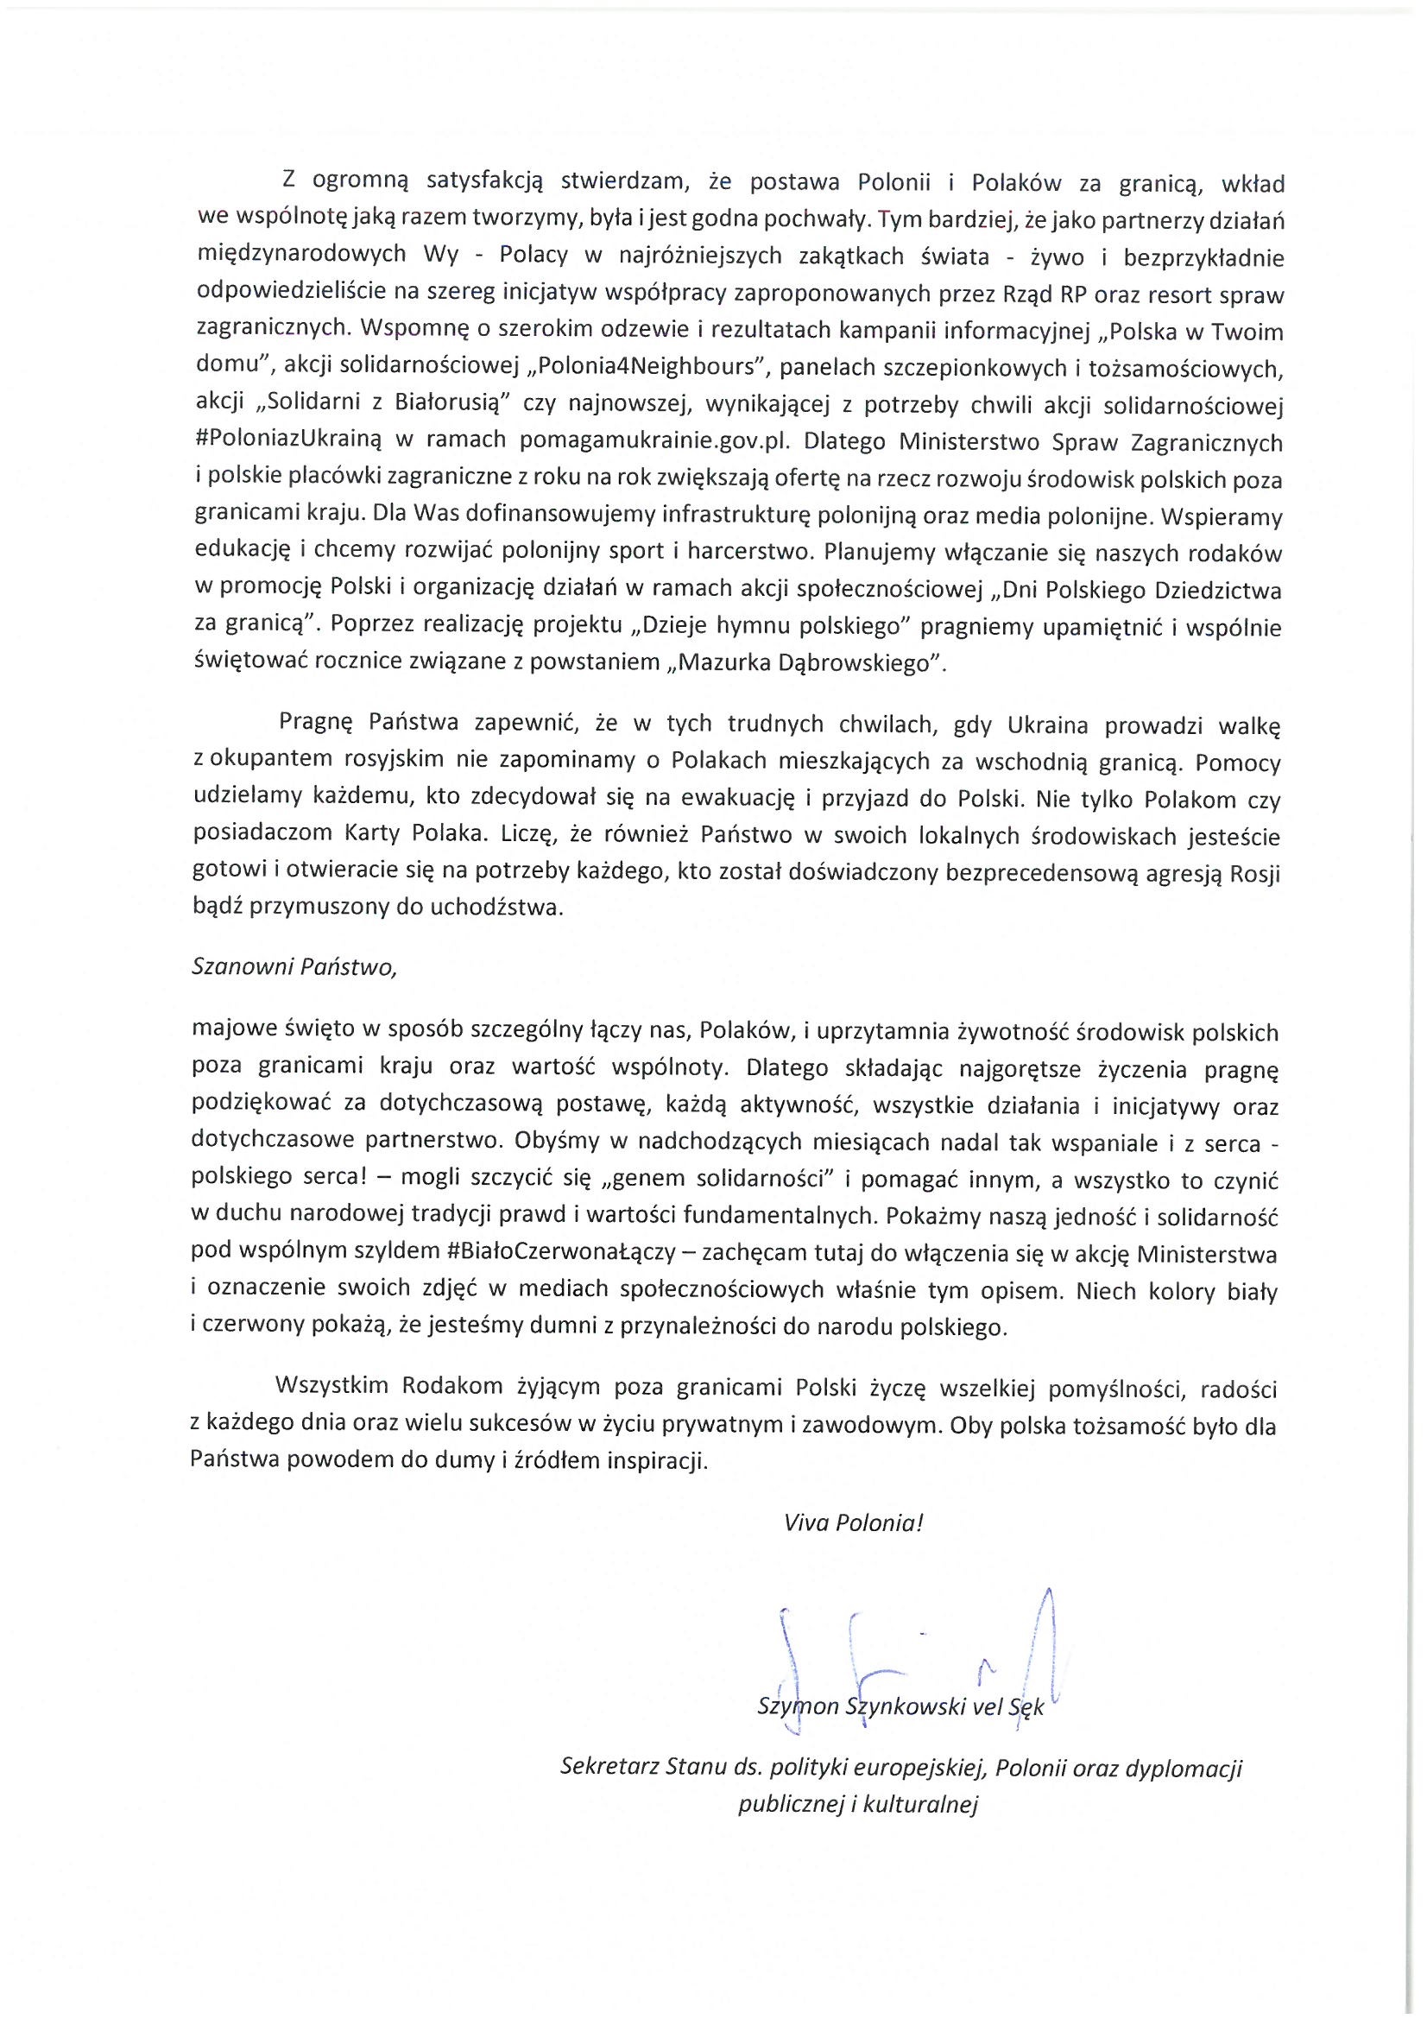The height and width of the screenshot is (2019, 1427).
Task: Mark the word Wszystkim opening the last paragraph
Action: pyautogui.click(x=332, y=1388)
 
